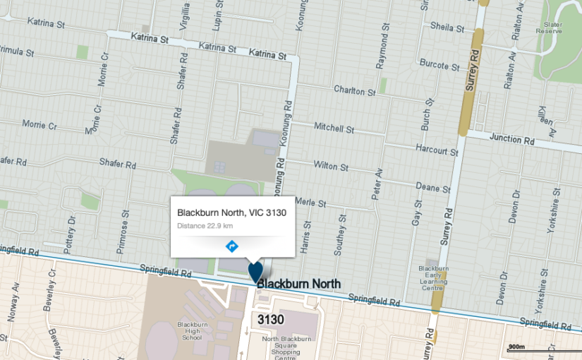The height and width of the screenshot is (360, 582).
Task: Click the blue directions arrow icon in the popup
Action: tap(231, 246)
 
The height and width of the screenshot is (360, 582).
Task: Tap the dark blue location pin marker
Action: tap(255, 272)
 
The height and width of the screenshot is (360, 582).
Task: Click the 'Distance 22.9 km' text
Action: tap(205, 226)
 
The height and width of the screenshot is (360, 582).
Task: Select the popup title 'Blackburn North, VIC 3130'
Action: tap(232, 212)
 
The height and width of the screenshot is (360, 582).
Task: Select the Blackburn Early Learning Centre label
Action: tap(433, 278)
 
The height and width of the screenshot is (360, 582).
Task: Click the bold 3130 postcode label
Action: tap(270, 320)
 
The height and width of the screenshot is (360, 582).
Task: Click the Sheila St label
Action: tap(447, 28)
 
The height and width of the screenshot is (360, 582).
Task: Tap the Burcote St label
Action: tap(439, 66)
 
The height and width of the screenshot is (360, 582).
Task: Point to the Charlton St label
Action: tap(354, 91)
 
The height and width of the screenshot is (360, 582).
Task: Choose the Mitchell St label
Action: tap(334, 129)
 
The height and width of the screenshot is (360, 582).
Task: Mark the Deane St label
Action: tap(433, 188)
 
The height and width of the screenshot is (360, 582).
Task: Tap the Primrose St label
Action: tap(126, 226)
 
